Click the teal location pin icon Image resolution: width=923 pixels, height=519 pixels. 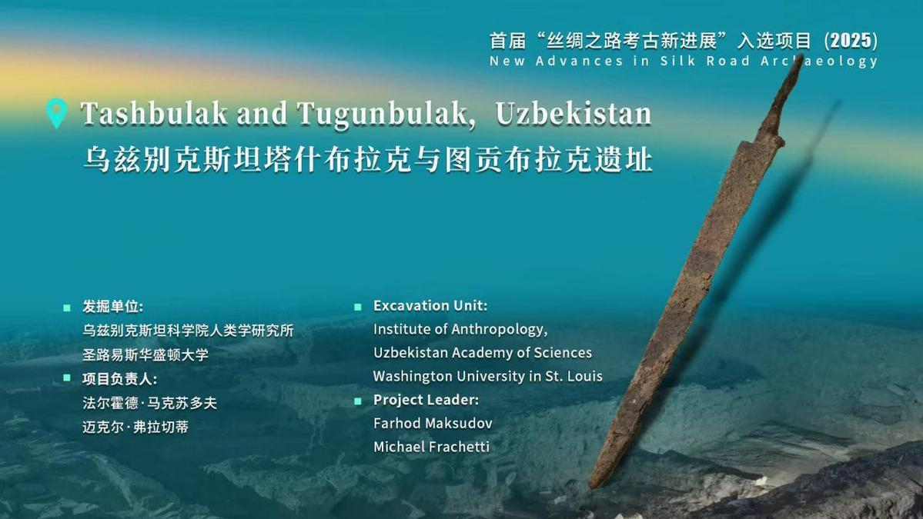point(56,111)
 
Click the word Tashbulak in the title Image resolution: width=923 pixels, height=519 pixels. point(154,114)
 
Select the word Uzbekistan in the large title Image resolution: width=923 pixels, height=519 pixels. point(574,114)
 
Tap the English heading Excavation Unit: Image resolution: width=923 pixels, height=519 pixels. point(430,306)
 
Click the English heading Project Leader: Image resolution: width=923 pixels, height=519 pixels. point(426,400)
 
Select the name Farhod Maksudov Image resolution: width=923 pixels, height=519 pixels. point(433,423)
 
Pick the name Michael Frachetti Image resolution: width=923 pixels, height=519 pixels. point(432,447)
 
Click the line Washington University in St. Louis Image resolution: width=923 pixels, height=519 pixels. point(488,376)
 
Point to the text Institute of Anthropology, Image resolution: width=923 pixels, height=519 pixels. point(460,329)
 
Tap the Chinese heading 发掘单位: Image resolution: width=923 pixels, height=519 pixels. point(112,307)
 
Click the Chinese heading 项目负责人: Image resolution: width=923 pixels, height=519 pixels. point(119,379)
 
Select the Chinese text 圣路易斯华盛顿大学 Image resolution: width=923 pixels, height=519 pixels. point(145,355)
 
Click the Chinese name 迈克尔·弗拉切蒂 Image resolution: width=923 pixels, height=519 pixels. point(135,428)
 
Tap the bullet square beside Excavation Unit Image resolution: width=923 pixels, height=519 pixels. point(357,307)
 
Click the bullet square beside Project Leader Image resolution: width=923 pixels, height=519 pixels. point(357,401)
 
